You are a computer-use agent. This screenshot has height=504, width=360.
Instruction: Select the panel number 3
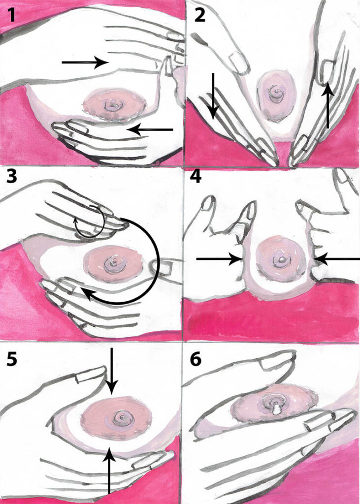12,177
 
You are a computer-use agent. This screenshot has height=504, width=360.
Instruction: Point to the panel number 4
196,177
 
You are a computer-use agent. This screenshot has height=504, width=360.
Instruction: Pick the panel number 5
12,360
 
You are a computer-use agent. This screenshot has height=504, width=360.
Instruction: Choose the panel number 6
196,360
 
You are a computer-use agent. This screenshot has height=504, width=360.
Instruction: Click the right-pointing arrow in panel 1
85,62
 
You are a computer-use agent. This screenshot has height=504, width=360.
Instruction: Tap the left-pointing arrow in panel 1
150,130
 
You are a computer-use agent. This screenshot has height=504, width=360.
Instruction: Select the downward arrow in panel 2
213,96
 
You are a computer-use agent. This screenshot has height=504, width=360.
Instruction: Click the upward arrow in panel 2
328,105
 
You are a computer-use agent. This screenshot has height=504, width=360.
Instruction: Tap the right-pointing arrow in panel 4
219,258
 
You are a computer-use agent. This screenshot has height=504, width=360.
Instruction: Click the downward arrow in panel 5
111,371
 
